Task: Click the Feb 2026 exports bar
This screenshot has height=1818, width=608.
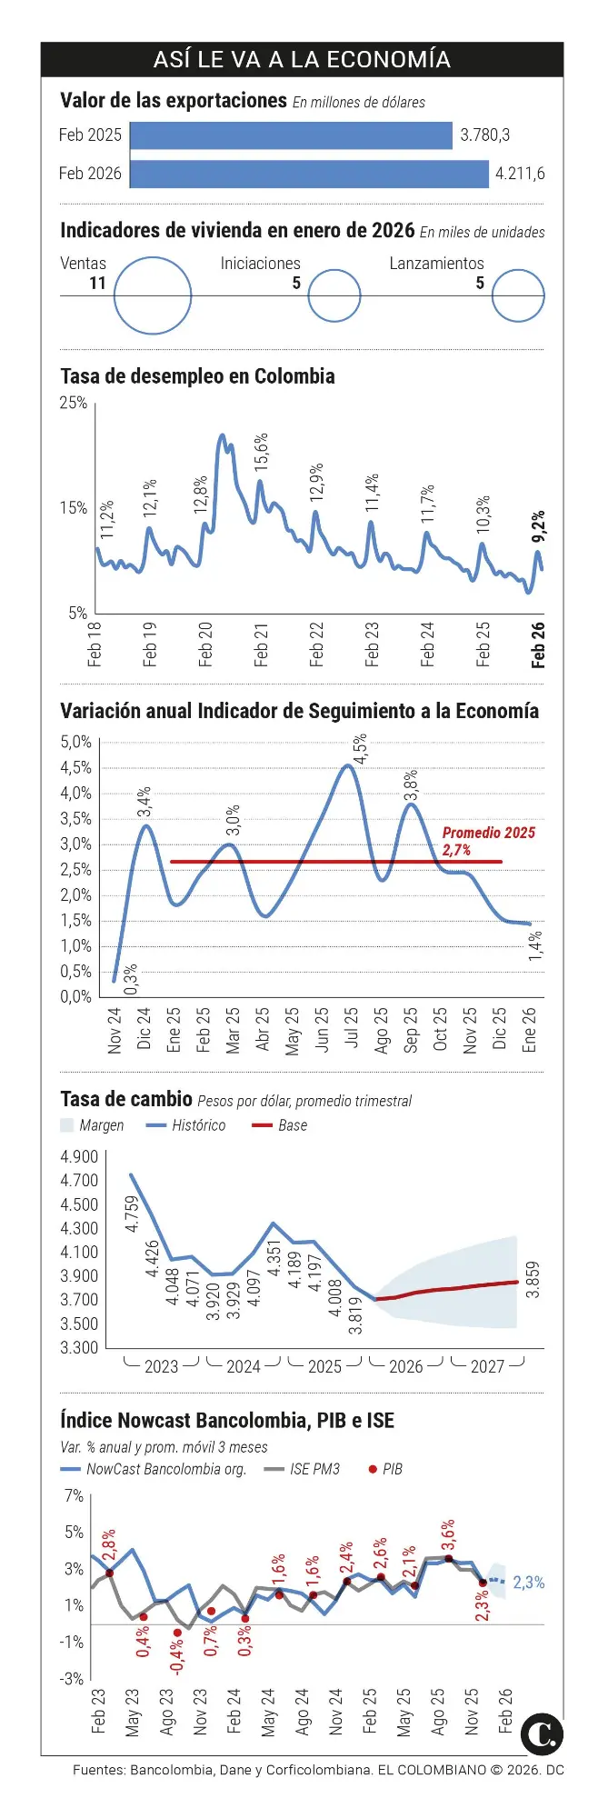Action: coord(309,174)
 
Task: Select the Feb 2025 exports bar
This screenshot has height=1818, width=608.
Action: coord(291,135)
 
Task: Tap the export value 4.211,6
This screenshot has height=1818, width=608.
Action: coord(520,174)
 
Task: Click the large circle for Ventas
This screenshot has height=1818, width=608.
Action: coord(153,295)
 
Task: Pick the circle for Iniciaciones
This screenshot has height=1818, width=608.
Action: coord(334,295)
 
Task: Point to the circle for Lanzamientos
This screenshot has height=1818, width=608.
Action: coord(518,295)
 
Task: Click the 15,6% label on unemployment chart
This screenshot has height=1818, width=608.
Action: coord(262,451)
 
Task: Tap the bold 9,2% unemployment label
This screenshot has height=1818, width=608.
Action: coord(538,526)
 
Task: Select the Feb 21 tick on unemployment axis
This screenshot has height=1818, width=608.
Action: coord(262,644)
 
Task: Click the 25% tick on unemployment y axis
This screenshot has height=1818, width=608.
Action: coord(74,403)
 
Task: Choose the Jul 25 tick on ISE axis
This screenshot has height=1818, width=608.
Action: coord(351,1029)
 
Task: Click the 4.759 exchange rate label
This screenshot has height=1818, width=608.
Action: coord(133,1214)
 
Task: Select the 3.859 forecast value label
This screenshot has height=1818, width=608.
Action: coord(533,1279)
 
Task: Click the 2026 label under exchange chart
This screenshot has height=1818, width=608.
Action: coord(405,1366)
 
